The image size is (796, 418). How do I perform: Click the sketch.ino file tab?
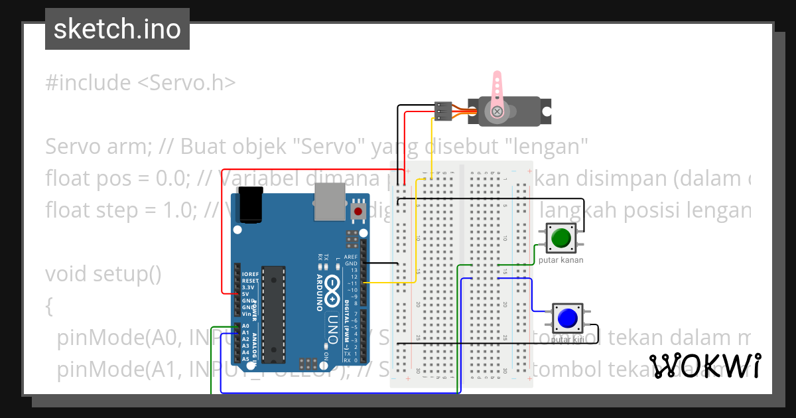click(x=117, y=29)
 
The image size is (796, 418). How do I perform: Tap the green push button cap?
click(x=562, y=238)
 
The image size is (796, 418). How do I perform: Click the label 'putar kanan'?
click(x=561, y=260)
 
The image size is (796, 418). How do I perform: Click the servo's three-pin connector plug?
click(x=443, y=111)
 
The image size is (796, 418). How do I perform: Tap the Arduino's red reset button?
click(x=358, y=212)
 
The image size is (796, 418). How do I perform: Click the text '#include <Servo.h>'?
click(x=141, y=83)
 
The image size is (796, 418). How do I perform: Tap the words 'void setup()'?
click(x=103, y=274)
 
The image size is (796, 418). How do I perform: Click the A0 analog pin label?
click(x=246, y=326)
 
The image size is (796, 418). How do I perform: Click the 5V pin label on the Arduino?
click(x=246, y=294)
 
